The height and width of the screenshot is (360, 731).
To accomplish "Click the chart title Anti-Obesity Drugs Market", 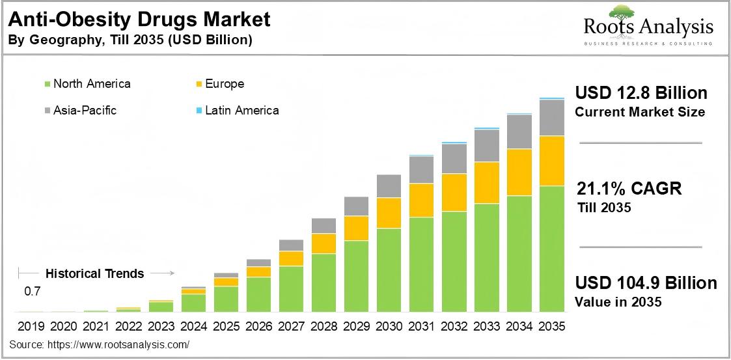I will [x=139, y=20].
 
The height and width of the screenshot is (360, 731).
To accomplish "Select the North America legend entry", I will [x=91, y=84].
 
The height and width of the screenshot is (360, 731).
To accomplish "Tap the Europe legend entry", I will [x=224, y=84].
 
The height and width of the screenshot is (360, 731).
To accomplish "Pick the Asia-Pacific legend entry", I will [x=85, y=111].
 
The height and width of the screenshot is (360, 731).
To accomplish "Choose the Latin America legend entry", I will [x=241, y=111].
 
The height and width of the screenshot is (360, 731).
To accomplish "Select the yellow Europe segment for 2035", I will [x=551, y=161].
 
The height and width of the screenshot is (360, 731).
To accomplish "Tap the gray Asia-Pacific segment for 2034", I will [x=519, y=132].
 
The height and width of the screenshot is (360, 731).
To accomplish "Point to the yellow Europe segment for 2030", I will [x=389, y=212].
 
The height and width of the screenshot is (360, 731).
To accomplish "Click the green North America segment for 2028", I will [x=324, y=283].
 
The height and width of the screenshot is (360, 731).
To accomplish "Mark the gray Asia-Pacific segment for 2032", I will [x=454, y=158].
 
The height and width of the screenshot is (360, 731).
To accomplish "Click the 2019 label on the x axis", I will [x=31, y=325].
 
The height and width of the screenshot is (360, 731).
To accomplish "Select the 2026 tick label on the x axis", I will [x=258, y=325].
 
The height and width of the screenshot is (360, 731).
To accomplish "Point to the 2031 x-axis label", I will [x=421, y=325].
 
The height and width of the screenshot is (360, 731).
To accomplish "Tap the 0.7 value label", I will [x=33, y=292].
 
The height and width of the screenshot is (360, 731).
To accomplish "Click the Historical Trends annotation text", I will [x=95, y=273].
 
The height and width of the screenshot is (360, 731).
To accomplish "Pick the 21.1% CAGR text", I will [x=629, y=189].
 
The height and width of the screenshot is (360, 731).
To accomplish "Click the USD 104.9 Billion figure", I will [x=646, y=283].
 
